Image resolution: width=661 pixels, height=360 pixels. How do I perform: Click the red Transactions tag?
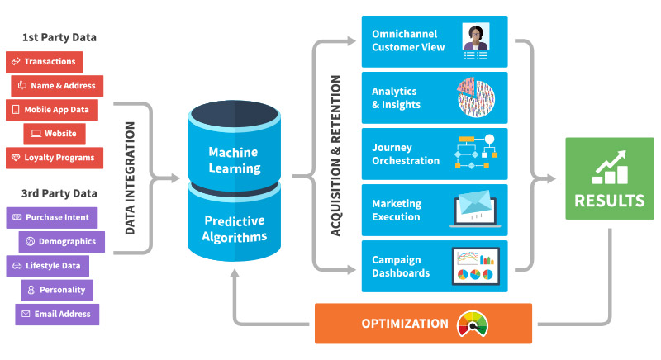45,62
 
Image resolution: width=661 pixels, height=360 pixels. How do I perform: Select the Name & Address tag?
57,86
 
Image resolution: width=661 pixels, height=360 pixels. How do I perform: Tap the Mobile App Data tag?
52,110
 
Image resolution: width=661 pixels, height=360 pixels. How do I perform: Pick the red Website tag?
55,134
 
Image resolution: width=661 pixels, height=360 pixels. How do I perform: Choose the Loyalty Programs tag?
55,158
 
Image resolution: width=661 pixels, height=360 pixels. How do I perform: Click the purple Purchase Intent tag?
52,218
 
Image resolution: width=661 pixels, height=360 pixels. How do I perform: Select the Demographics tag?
61,242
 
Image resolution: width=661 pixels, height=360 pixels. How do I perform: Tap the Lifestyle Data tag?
48,266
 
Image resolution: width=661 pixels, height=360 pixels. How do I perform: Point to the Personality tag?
57,290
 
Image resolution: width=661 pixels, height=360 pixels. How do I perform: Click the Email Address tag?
57,315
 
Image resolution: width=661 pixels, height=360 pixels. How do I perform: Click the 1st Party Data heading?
59,37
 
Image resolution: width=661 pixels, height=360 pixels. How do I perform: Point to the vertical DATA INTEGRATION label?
131,178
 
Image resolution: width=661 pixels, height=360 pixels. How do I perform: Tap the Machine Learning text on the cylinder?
235,160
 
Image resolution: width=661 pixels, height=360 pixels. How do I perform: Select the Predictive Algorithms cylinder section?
235,222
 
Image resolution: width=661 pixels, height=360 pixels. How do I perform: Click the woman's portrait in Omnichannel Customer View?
476,36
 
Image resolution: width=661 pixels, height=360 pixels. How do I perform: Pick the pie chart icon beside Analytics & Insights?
476,97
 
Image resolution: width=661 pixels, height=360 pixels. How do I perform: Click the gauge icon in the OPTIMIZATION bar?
473,324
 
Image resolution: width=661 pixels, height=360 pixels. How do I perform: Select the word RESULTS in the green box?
610,201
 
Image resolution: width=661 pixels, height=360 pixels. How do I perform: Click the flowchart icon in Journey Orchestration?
476,152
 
